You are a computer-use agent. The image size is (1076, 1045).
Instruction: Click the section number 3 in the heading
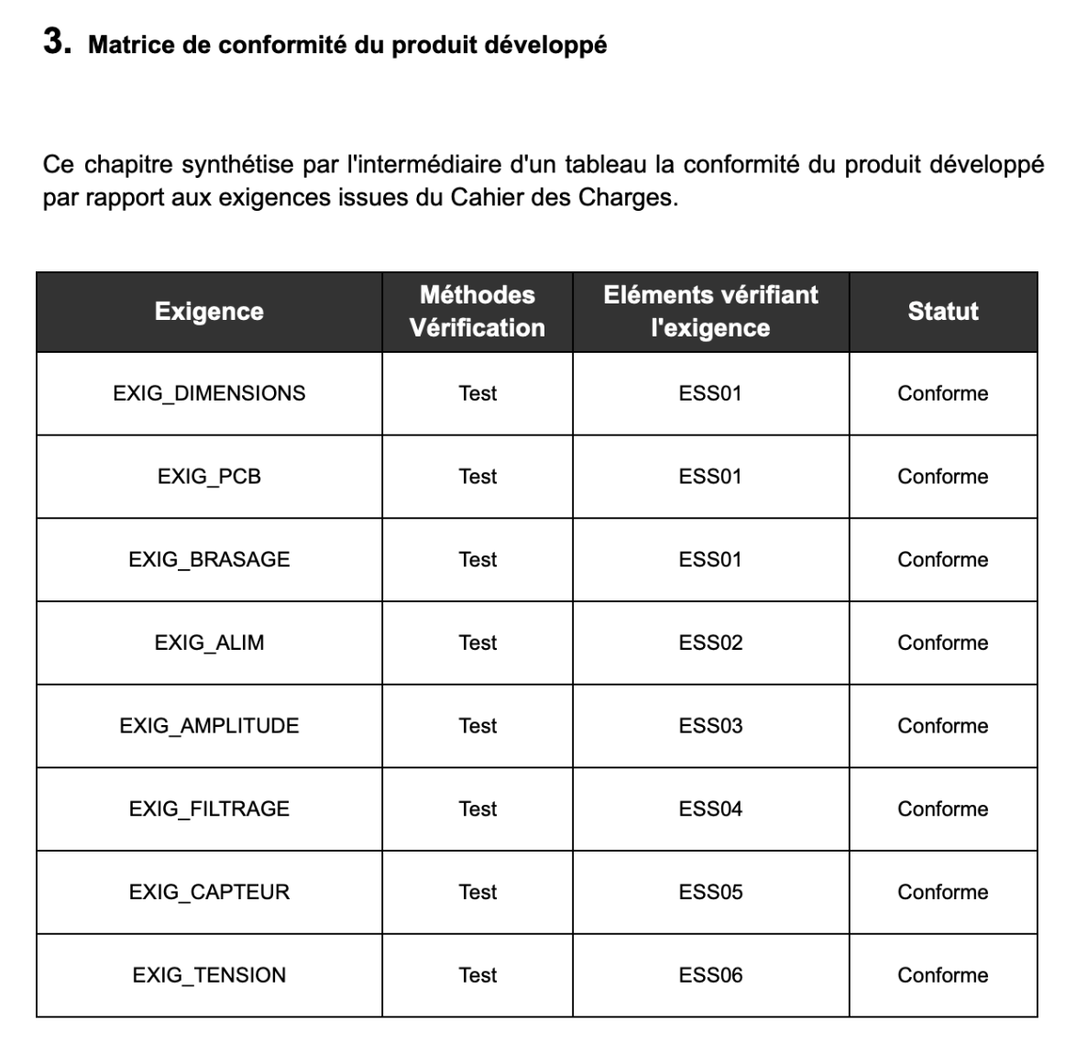pos(57,43)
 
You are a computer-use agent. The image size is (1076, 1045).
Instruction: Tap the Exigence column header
pos(209,312)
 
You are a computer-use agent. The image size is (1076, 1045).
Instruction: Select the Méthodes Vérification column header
pos(477,312)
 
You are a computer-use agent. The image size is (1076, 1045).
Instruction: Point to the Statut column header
pos(942,312)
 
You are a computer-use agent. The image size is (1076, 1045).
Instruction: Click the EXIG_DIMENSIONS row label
pos(209,393)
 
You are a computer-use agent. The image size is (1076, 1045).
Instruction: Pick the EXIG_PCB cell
pos(209,477)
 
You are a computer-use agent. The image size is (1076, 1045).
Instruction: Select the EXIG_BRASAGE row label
pos(209,560)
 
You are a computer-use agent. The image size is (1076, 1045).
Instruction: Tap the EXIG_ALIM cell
pos(209,643)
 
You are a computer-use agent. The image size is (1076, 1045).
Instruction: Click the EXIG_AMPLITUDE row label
pos(209,726)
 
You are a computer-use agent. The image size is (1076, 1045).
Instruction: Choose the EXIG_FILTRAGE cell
pos(209,809)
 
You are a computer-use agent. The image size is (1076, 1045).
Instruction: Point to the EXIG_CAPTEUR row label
pos(209,892)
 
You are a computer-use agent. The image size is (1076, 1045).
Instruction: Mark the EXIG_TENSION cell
pos(209,975)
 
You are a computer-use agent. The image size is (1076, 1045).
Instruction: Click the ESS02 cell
pos(710,643)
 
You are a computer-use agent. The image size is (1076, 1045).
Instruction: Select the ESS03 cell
pos(710,726)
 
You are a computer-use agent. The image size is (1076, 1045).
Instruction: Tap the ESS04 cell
pos(710,809)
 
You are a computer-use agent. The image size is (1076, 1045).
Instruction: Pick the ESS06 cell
pos(710,975)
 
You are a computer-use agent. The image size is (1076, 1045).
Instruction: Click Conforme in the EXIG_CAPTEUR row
pos(942,892)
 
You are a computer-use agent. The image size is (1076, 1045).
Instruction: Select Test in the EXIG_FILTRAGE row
pos(478,809)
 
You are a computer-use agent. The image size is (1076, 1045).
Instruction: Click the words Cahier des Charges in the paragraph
pos(563,198)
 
